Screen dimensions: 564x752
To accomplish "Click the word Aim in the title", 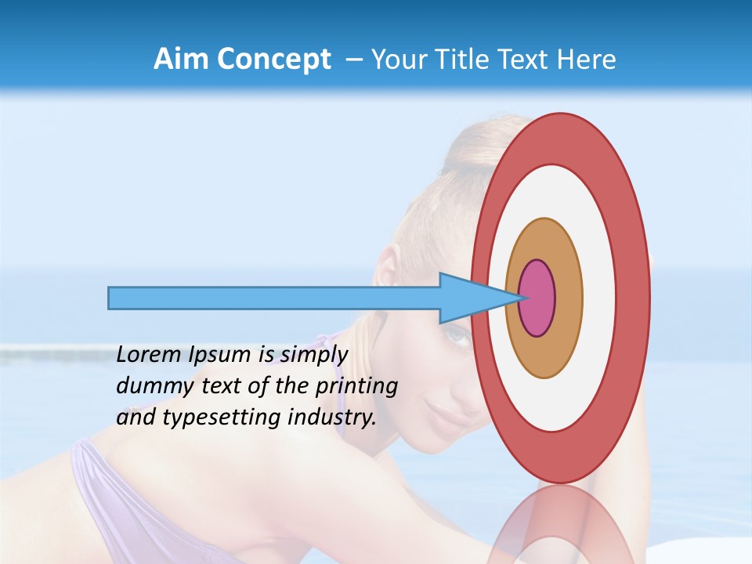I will click(180, 60).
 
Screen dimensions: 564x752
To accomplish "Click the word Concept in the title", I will click(274, 60).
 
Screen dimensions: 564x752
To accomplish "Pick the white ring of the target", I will click(599, 298).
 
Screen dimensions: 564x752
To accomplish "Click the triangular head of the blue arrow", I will click(470, 298).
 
